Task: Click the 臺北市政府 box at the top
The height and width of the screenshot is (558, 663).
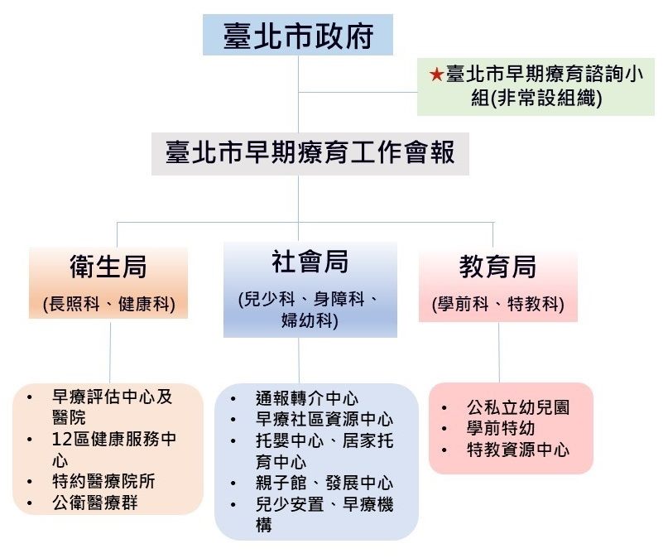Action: (x=298, y=36)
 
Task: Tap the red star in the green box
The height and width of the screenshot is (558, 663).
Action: (x=436, y=75)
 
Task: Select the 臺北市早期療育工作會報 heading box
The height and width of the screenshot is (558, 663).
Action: (x=310, y=154)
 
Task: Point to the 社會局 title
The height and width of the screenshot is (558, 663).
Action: (x=310, y=262)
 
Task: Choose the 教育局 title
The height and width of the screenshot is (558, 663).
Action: (x=497, y=267)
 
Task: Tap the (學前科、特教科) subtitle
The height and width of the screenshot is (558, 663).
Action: (x=497, y=304)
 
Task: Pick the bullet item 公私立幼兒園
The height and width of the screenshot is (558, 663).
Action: (x=518, y=407)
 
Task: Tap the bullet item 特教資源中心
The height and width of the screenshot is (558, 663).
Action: (x=518, y=450)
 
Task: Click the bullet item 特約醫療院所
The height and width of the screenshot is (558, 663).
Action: (x=103, y=481)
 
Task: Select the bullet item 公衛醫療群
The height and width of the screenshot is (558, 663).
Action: (x=94, y=502)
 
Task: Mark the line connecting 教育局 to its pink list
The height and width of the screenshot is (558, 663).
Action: (x=498, y=352)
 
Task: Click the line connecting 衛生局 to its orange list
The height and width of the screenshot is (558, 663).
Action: (x=110, y=352)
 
